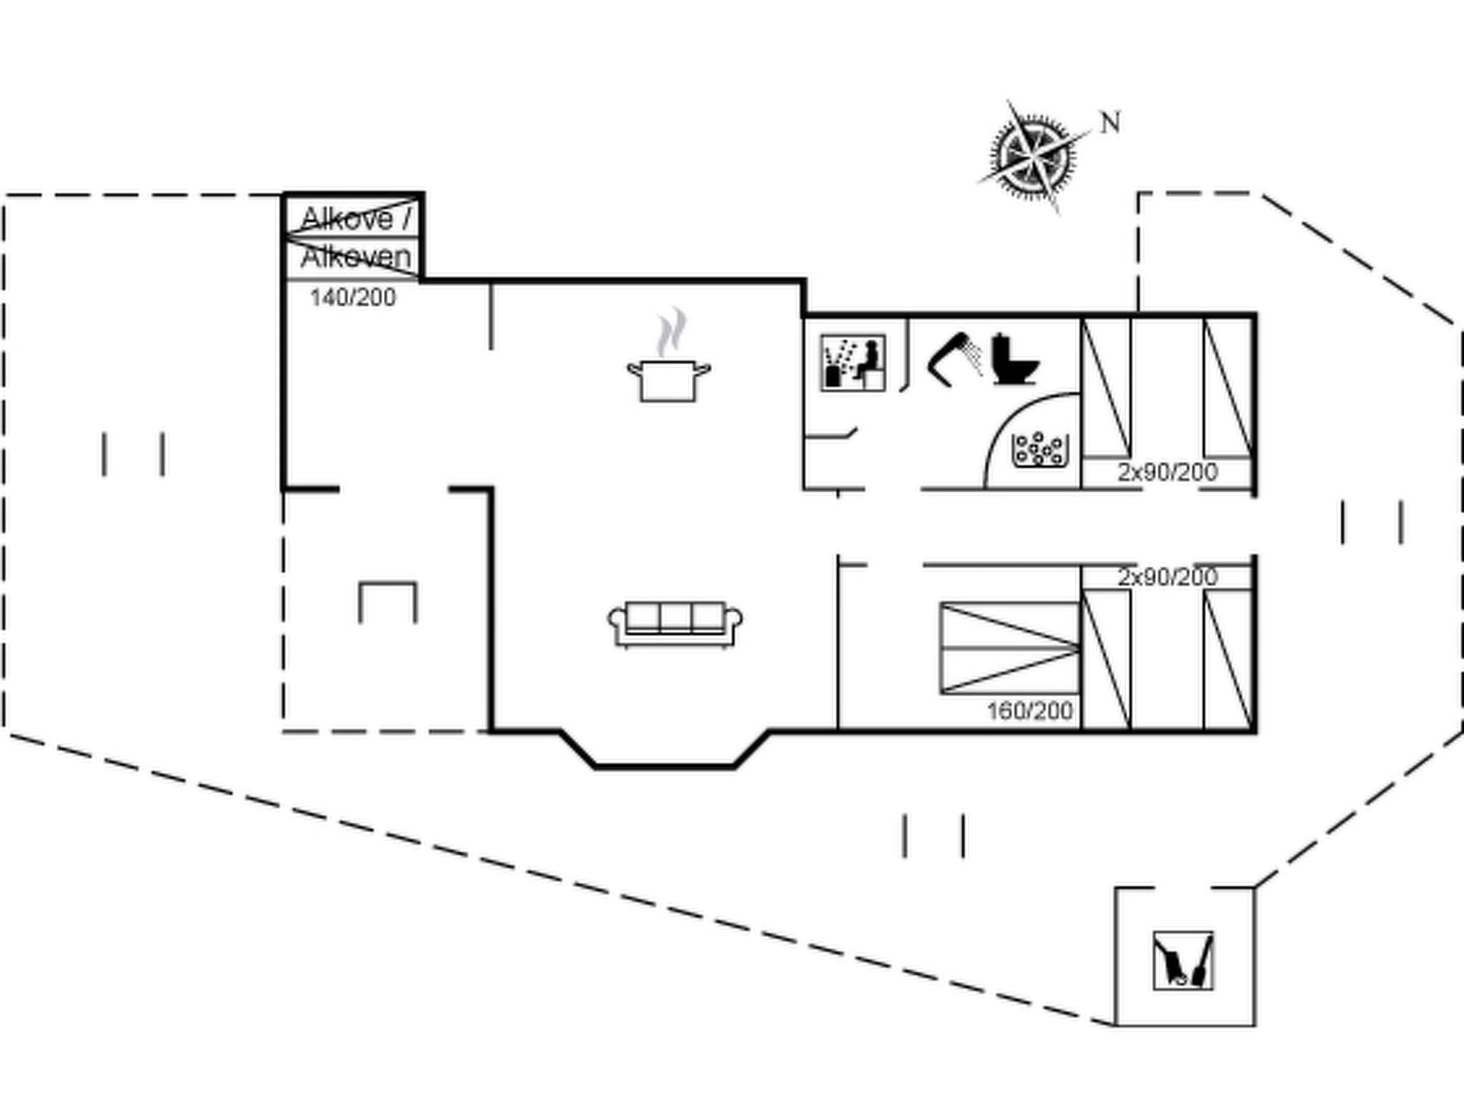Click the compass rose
click(1034, 156)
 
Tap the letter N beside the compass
click(1109, 123)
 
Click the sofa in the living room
click(675, 624)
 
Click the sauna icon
click(852, 362)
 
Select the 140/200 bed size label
click(352, 297)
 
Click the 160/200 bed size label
click(1029, 711)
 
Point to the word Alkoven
click(356, 257)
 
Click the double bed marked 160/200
click(1009, 648)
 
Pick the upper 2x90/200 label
click(1167, 472)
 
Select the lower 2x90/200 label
click(1167, 576)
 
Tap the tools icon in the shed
click(1182, 960)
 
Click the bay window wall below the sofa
click(665, 766)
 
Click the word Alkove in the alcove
click(347, 219)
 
